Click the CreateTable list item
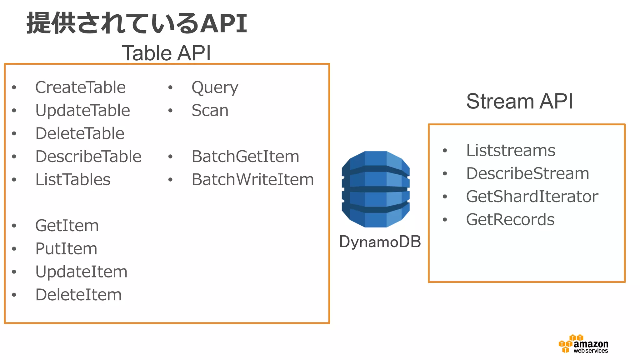tap(80, 87)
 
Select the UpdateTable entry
tap(82, 111)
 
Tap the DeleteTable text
tap(80, 134)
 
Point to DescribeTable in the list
tap(88, 157)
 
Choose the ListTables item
tap(73, 180)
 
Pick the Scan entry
tap(210, 111)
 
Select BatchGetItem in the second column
tap(245, 157)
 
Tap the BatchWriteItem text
tap(252, 180)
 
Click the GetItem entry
tap(67, 226)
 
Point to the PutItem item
tap(66, 249)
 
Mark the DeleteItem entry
tap(78, 295)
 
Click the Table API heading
tap(166, 53)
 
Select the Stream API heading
tap(519, 101)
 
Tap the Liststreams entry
tap(511, 151)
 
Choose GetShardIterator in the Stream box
tap(532, 197)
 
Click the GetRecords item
tap(510, 220)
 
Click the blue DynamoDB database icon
tap(376, 189)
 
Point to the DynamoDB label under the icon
tap(380, 242)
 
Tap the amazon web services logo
tap(583, 344)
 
